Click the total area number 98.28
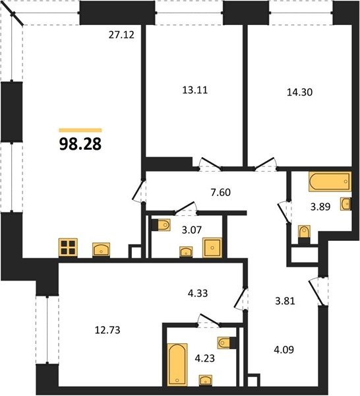point(80,144)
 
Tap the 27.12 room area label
point(121,35)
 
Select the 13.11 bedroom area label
point(195,90)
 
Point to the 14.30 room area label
point(300,92)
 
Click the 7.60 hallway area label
point(220,193)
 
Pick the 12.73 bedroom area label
point(107,330)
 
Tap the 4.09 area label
point(284,350)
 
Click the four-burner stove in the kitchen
point(68,247)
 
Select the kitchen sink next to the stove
point(101,249)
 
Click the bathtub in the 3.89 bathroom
point(330,181)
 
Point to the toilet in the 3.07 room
point(161,225)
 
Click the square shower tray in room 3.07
point(212,247)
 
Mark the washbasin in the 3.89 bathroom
point(345,203)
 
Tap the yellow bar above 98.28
point(80,130)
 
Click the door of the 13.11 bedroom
point(210,164)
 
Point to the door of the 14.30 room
point(265,164)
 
